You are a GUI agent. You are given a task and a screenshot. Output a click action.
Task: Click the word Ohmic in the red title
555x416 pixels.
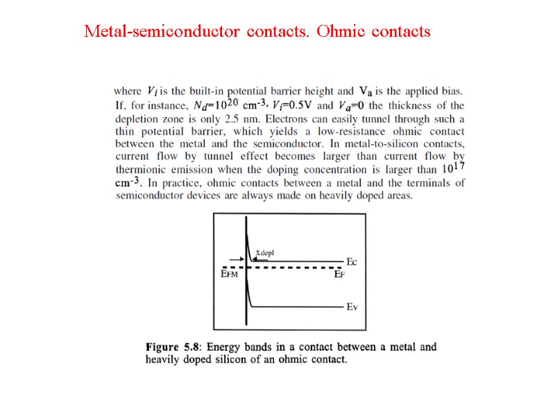[x=341, y=31]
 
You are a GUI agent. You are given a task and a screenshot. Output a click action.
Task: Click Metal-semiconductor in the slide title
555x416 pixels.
[x=163, y=31]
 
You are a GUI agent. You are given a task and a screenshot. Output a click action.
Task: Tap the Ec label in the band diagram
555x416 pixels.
[x=352, y=262]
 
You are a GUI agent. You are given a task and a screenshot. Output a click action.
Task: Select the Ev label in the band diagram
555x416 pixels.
[x=352, y=307]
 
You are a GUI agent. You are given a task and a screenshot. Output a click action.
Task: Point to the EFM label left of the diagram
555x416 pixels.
[x=229, y=275]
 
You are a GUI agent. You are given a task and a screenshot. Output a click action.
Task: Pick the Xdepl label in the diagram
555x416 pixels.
[x=265, y=253]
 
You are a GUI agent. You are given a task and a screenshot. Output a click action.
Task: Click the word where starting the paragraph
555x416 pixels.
[x=128, y=92]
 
